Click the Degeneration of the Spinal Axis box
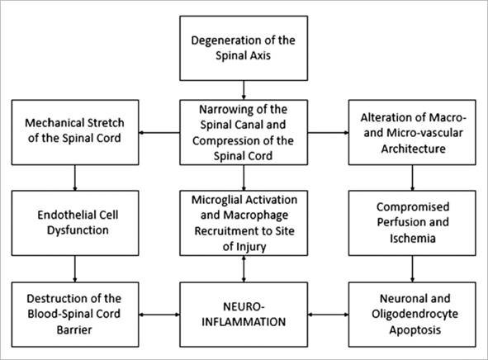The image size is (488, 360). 244,48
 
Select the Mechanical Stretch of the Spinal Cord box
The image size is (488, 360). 75,132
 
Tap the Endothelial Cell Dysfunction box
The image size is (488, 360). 75,223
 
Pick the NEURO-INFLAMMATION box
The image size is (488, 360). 244,315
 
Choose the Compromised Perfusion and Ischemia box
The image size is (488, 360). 412,223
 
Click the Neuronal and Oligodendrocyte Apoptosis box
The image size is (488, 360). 412,315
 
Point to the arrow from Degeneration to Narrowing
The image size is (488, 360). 244,90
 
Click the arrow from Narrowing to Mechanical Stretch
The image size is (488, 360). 159,133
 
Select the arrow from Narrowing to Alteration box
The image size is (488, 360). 329,133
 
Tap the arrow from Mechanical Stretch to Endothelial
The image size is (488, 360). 75,178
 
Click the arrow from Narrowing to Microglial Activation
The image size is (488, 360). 244,178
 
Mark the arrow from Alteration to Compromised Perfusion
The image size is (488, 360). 413,178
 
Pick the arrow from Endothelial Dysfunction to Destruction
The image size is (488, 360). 75,269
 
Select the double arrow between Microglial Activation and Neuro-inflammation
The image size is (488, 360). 244,269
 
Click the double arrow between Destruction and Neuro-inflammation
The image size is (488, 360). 159,315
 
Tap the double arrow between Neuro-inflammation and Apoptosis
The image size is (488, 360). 329,315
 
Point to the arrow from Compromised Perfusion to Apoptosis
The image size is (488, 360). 413,269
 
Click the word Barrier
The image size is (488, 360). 74,329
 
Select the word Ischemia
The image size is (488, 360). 413,239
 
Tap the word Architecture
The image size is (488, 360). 414,149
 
